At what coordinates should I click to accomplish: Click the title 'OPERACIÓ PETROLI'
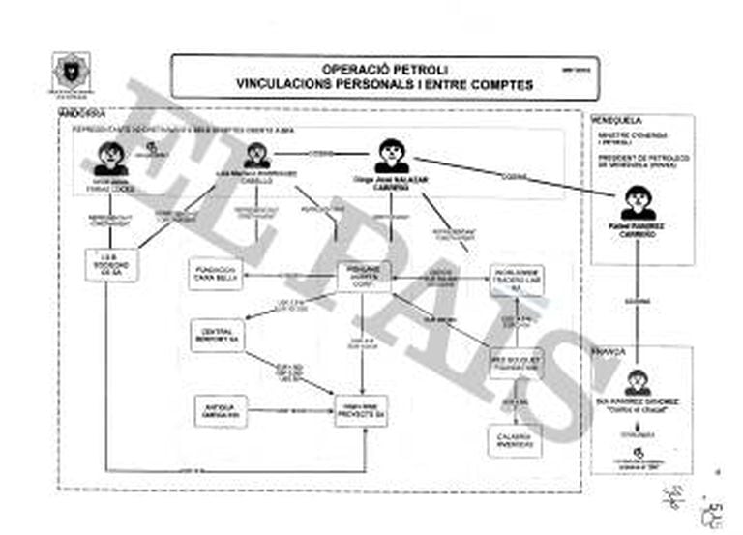(384, 70)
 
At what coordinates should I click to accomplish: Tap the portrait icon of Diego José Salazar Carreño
(392, 155)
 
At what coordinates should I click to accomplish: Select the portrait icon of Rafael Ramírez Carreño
(638, 202)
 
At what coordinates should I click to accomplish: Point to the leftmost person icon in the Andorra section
(111, 158)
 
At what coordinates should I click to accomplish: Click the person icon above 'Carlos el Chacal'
(638, 382)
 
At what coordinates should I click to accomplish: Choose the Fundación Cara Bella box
(215, 275)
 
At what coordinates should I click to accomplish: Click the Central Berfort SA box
(218, 334)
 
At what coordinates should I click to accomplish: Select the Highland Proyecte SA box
(361, 411)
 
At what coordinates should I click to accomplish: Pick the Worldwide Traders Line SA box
(516, 280)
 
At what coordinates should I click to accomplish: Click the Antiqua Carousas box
(222, 410)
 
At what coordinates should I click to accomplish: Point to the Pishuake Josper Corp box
(363, 277)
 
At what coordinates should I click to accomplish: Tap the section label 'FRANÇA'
(609, 353)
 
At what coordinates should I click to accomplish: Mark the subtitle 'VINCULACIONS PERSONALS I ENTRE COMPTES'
(384, 85)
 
